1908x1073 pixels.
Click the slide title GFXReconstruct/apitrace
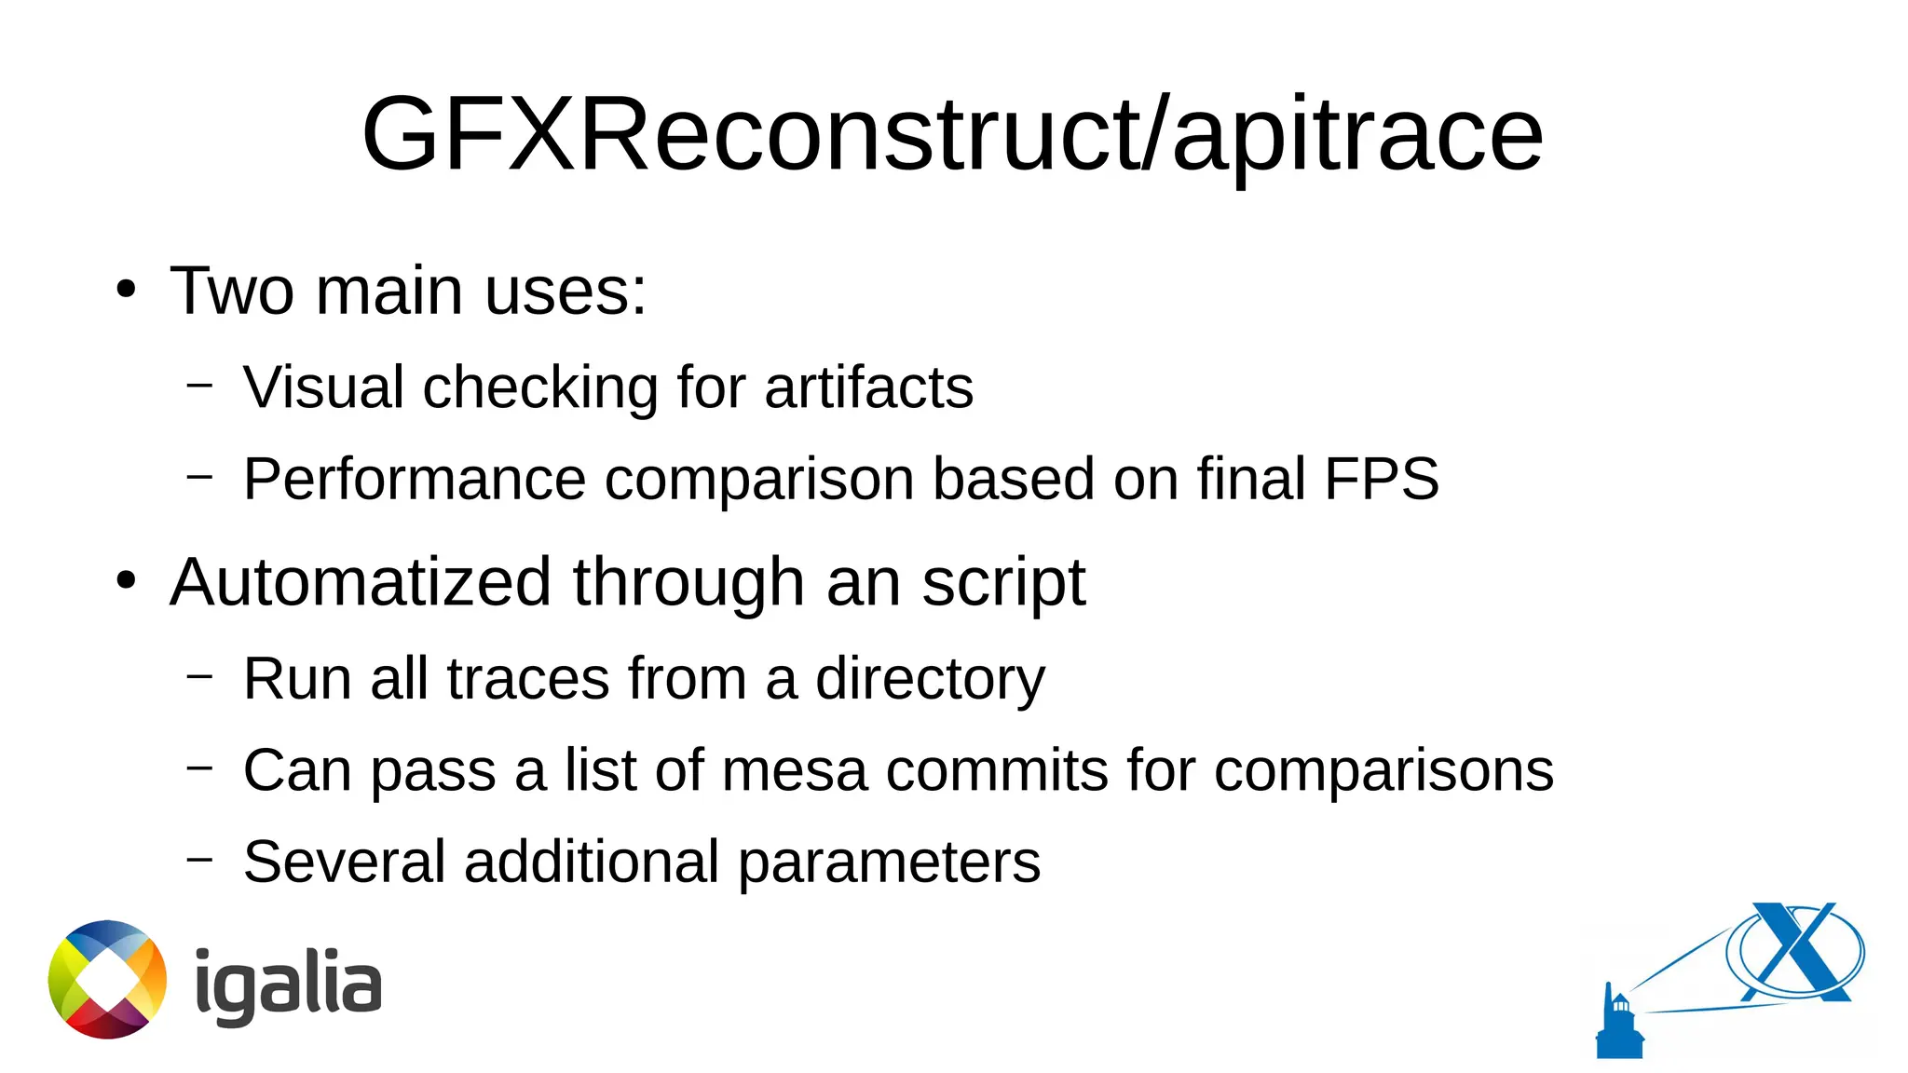click(952, 135)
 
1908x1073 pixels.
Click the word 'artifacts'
click(868, 387)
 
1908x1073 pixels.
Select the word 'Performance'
click(415, 480)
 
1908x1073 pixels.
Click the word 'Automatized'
click(361, 582)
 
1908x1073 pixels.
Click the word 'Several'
click(344, 862)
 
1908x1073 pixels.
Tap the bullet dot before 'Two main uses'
click(126, 290)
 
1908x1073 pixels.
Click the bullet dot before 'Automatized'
click(126, 581)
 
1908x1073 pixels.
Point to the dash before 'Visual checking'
click(199, 384)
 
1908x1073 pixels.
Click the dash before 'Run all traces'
click(199, 675)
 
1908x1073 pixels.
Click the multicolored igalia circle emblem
click(107, 979)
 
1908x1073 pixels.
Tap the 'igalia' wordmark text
click(288, 984)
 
